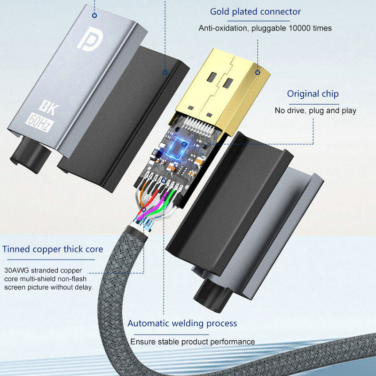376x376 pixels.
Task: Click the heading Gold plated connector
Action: [256, 12]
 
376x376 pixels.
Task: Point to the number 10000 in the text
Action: [296, 28]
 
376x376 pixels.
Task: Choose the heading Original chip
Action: [313, 94]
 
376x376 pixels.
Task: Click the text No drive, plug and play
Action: [315, 111]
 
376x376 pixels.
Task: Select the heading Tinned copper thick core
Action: [53, 249]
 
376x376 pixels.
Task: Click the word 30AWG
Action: [18, 270]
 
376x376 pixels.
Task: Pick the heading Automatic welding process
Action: [182, 323]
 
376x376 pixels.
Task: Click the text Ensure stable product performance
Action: [193, 342]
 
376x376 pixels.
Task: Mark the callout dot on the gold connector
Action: [258, 72]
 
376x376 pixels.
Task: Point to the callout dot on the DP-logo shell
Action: [94, 15]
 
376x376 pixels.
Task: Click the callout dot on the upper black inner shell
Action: [165, 72]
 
